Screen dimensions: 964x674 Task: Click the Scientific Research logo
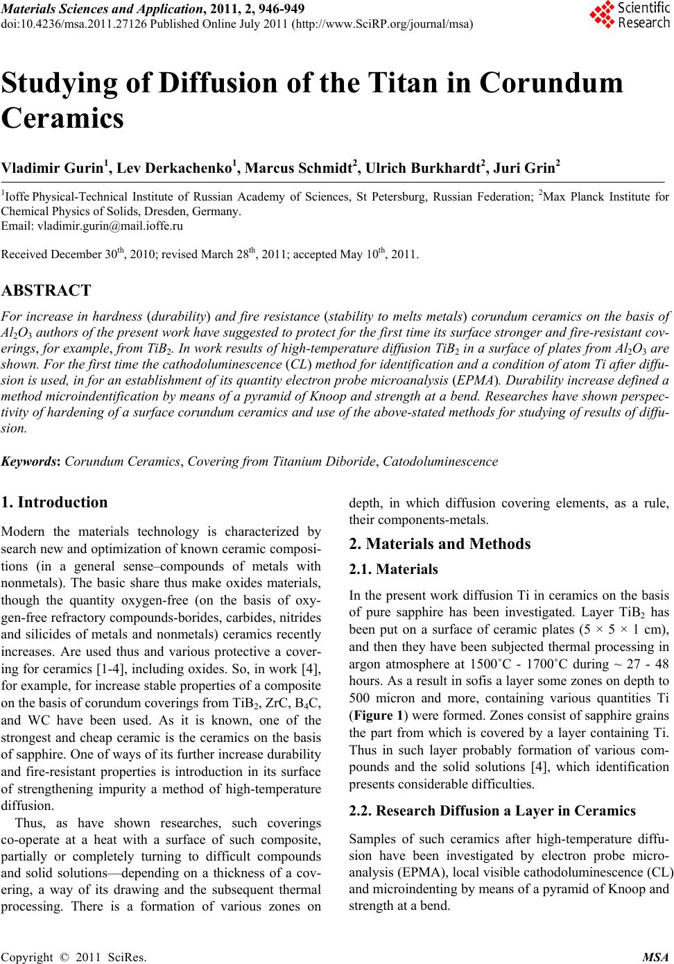629,15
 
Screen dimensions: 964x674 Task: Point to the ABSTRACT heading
46,290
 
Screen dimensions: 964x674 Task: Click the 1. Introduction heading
55,502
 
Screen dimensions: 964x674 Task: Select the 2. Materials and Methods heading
439,543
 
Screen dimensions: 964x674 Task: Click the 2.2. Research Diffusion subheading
492,810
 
